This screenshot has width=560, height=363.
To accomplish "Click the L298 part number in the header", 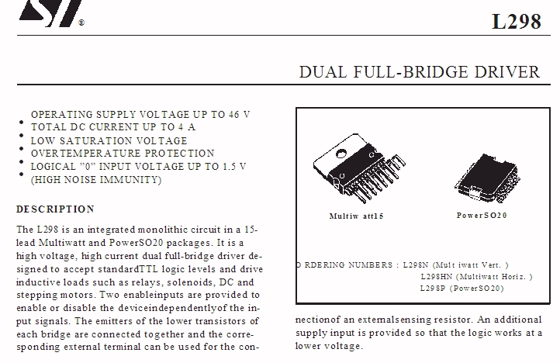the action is [516, 21].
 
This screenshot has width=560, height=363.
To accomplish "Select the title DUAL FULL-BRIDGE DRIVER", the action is [420, 72].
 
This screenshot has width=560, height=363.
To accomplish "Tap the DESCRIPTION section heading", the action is [56, 209].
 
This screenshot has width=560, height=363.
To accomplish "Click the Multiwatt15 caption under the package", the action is [351, 216].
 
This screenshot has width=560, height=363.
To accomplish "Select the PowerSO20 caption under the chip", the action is [482, 216].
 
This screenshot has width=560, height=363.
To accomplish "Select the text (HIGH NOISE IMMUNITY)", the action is [96, 180].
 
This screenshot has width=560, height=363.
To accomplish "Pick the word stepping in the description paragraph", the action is [36, 295].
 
